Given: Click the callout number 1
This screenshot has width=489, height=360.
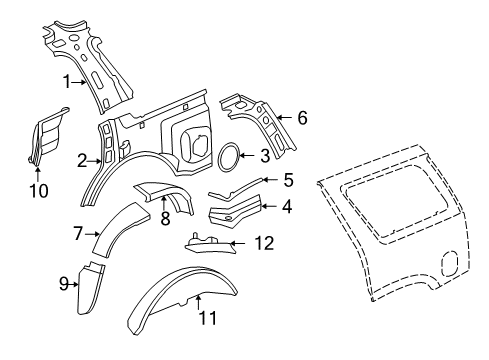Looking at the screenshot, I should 66,81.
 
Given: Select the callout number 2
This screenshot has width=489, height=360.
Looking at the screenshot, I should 83,158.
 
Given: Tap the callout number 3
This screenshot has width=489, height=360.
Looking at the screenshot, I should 264,155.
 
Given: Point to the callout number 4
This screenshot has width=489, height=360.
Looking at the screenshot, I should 287,207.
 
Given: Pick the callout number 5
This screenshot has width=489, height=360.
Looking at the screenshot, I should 288,180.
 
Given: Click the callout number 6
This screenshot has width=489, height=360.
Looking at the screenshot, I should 302,117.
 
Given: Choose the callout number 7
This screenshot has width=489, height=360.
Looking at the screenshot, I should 77,233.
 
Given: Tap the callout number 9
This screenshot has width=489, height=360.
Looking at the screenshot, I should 63,284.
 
